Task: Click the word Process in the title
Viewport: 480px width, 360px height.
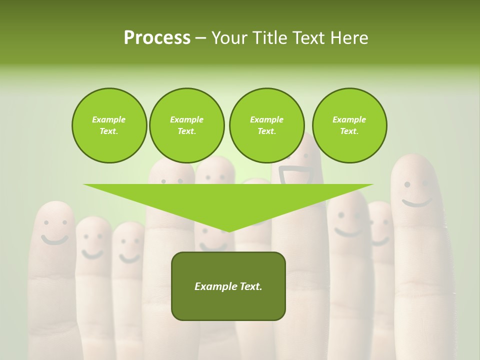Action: [x=157, y=37]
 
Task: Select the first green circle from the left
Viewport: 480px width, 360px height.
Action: [x=109, y=125]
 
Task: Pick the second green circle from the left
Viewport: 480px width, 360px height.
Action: [x=186, y=125]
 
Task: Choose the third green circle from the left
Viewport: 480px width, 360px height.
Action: [x=266, y=125]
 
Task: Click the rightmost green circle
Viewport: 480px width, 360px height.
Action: [x=349, y=125]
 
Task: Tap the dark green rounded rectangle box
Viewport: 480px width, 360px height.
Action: [x=228, y=286]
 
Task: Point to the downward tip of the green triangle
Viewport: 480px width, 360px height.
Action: [x=228, y=231]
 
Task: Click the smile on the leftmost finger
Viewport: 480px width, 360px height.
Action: [x=54, y=239]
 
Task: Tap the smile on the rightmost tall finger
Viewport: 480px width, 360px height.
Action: [x=417, y=202]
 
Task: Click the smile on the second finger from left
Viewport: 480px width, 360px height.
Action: [x=92, y=254]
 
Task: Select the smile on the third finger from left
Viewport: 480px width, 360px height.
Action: [x=129, y=258]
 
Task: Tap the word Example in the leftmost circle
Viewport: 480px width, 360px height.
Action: [x=109, y=119]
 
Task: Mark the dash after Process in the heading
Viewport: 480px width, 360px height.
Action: [x=200, y=38]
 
